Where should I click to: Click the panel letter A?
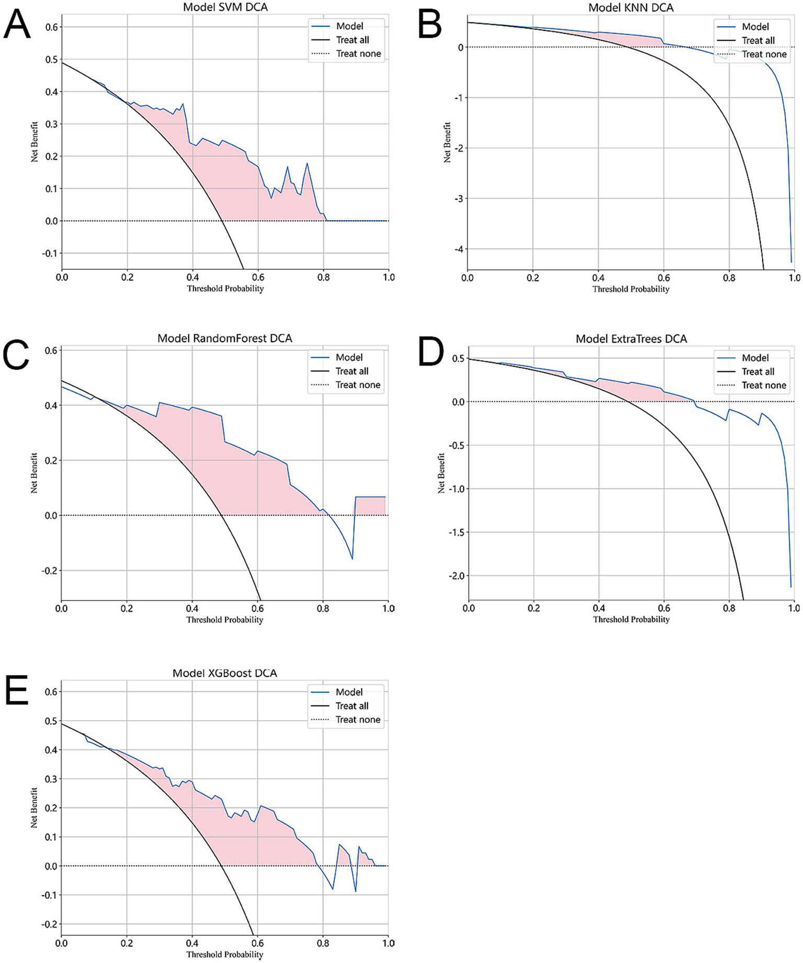17,25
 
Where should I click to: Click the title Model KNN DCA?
630,7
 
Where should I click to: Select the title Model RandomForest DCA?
224,338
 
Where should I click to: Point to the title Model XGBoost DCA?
224,673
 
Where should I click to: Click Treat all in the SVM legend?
352,40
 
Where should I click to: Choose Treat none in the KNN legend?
764,54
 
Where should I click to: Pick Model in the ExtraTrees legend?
755,358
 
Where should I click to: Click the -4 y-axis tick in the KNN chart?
458,249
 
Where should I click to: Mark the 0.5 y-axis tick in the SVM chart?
51,60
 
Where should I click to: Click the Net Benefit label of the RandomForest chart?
34,473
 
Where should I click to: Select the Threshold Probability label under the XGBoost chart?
224,954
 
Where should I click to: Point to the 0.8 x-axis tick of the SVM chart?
323,277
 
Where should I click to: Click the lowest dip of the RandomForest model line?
352,559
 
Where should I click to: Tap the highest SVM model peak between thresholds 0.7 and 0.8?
307,164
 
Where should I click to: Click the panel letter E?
16,690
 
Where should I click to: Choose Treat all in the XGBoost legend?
352,706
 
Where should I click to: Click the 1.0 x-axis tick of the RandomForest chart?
388,608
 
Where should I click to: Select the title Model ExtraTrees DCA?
631,339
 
